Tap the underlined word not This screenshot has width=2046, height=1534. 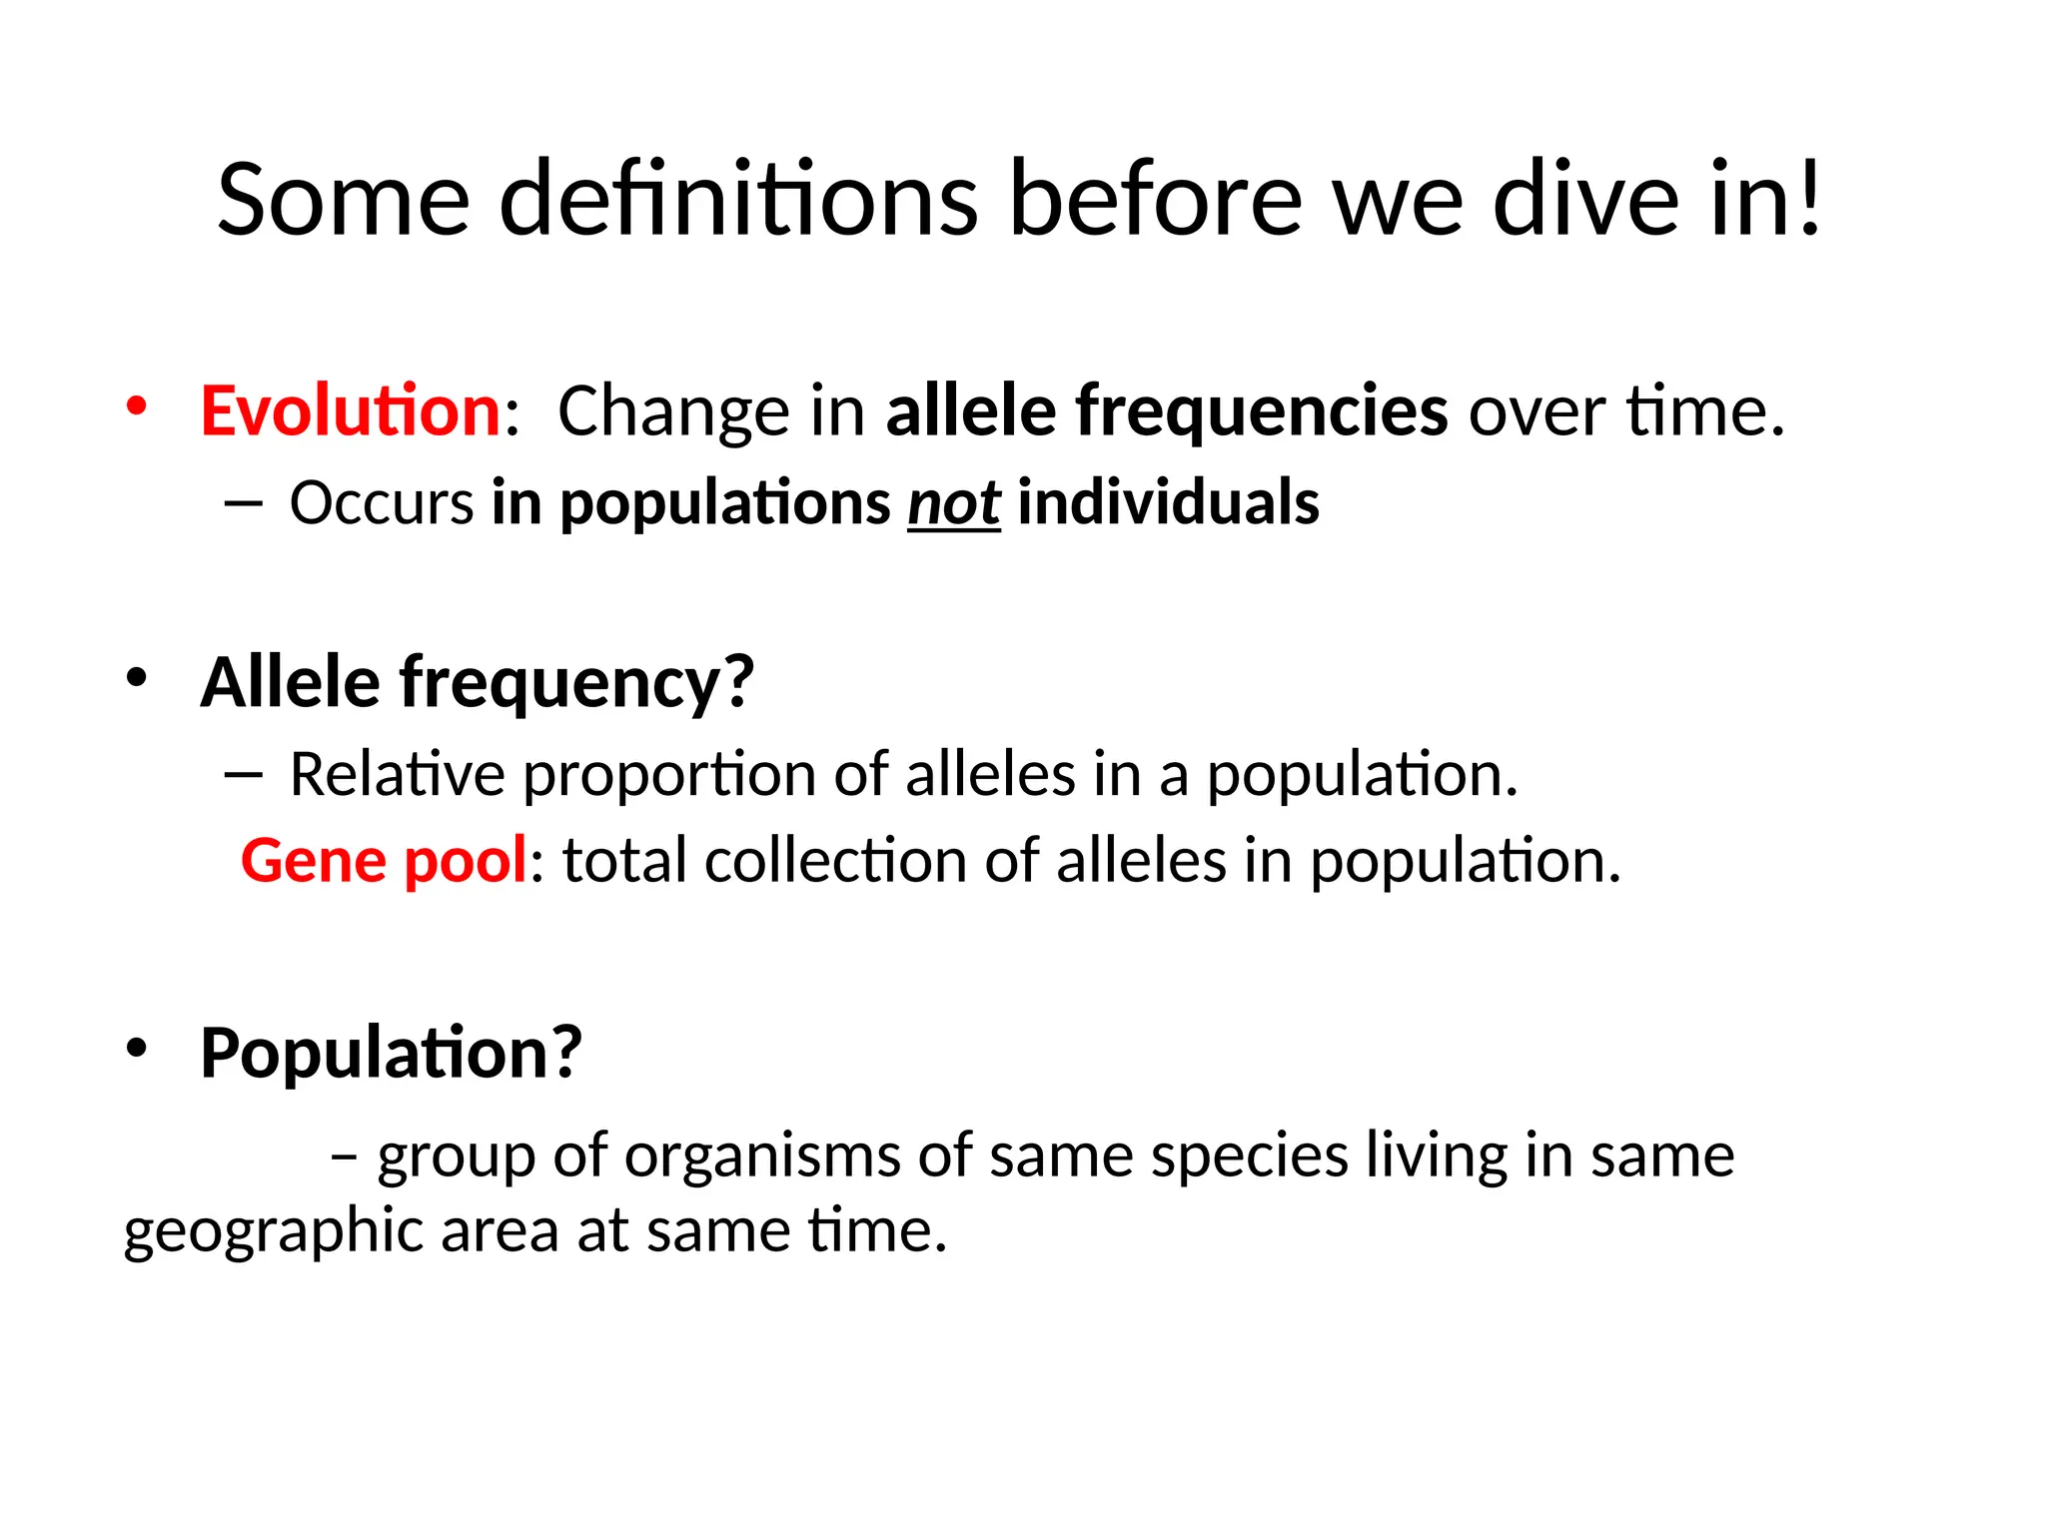point(953,503)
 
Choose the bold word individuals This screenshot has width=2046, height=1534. point(1168,502)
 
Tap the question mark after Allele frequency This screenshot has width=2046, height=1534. point(737,681)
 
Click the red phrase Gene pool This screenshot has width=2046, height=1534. point(384,861)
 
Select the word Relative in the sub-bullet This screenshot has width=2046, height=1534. point(397,775)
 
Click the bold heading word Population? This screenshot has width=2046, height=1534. point(391,1053)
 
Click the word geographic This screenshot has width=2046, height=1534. point(273,1231)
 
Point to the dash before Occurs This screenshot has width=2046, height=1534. point(243,503)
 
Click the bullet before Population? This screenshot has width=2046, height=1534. point(137,1048)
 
